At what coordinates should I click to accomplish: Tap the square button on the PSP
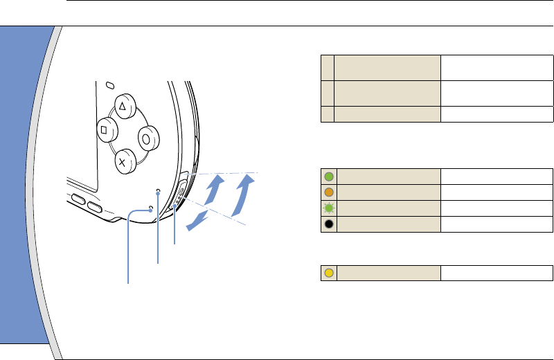click(105, 128)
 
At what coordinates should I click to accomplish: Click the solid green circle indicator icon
click(328, 177)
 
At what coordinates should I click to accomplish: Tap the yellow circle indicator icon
click(328, 272)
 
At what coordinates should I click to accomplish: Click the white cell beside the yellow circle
click(497, 272)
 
